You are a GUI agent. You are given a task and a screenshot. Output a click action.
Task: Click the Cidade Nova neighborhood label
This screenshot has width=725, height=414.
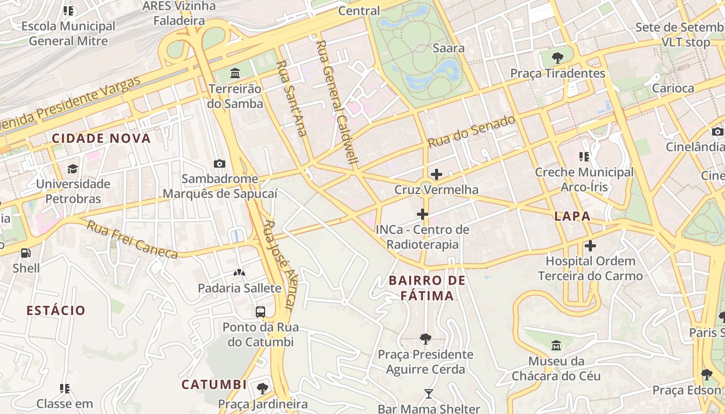click(101, 138)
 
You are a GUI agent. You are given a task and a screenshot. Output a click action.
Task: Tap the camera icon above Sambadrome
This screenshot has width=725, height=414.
click(220, 164)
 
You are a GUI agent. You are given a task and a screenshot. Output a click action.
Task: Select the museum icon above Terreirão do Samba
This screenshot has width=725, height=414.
click(235, 73)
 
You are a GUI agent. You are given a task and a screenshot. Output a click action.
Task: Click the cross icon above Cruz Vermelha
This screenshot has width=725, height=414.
click(437, 174)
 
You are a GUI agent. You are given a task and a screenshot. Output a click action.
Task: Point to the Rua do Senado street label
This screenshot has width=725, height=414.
click(471, 131)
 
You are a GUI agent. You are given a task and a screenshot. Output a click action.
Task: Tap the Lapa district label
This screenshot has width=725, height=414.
click(572, 216)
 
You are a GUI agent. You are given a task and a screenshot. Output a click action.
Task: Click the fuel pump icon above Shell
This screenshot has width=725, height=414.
click(25, 253)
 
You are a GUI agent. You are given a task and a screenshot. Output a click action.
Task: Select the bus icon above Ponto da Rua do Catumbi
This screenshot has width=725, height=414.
click(260, 312)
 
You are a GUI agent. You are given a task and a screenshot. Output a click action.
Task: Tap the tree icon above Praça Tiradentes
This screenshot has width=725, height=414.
click(557, 57)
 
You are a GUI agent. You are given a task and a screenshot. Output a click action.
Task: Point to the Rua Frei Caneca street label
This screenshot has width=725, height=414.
click(132, 240)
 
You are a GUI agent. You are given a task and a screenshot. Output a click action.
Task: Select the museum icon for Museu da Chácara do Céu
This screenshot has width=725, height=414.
click(556, 345)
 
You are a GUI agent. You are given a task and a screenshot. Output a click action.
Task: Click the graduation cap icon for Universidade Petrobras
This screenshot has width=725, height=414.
click(72, 169)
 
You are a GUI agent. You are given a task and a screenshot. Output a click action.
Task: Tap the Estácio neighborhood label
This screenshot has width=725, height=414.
click(56, 310)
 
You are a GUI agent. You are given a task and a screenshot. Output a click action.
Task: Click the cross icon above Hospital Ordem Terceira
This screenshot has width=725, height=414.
click(590, 246)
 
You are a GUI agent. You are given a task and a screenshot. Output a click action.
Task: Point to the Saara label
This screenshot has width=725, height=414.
click(448, 48)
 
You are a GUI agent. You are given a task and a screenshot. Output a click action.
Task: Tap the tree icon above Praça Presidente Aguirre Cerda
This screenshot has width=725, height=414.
click(425, 339)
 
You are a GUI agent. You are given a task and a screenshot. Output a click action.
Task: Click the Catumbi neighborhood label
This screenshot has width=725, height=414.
click(214, 385)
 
